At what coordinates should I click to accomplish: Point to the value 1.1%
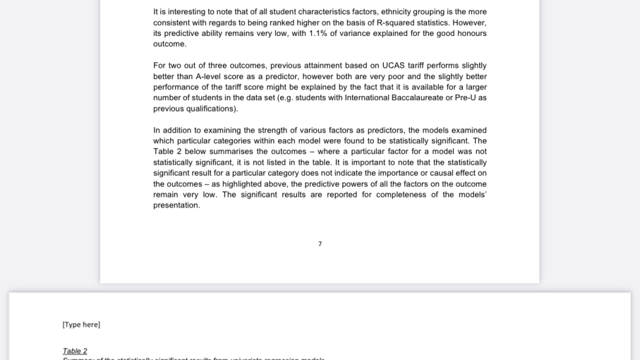(x=318, y=34)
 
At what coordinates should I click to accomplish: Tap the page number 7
(x=320, y=244)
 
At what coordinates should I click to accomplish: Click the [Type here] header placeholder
(x=81, y=325)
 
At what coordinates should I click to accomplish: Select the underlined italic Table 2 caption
(x=75, y=351)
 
